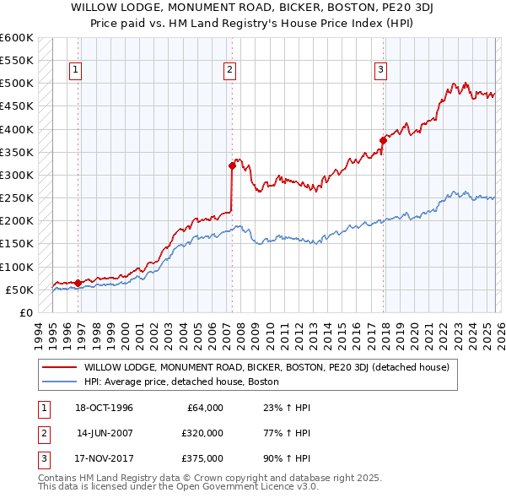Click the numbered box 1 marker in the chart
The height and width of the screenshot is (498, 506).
point(76,70)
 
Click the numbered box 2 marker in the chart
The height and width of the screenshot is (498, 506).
point(229,70)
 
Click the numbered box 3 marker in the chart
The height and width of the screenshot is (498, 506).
point(380,70)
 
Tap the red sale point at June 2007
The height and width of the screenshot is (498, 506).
point(232,166)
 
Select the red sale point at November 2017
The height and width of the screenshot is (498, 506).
point(383,141)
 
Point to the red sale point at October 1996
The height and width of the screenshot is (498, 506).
point(78,283)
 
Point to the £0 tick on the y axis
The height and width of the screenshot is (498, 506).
point(24,312)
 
